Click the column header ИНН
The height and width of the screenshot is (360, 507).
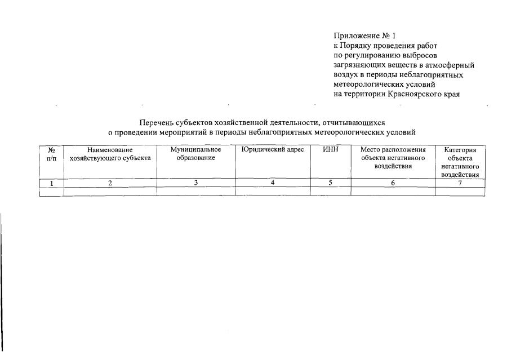click(x=330, y=150)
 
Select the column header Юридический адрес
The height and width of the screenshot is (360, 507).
click(x=273, y=150)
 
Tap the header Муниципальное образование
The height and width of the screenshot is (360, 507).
click(x=195, y=154)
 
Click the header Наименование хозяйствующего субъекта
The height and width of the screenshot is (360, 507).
click(x=110, y=154)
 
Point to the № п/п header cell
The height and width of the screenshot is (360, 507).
click(x=51, y=154)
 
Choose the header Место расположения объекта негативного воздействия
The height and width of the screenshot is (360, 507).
click(x=393, y=158)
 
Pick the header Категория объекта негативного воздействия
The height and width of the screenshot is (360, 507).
click(x=460, y=162)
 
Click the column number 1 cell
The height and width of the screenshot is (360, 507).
click(x=51, y=183)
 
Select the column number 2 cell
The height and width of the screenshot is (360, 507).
click(x=110, y=183)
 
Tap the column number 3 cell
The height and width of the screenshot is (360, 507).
click(x=195, y=183)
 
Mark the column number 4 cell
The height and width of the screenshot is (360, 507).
click(x=273, y=183)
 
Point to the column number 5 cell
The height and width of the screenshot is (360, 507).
click(x=330, y=183)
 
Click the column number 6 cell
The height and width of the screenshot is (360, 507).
click(x=393, y=183)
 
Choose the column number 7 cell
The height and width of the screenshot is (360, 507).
click(x=460, y=183)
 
